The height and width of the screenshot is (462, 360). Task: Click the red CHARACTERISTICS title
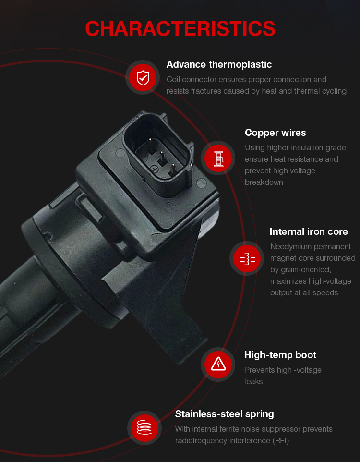tap(180, 29)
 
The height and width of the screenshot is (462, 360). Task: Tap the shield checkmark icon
tap(143, 78)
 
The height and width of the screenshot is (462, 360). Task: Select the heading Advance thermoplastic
tap(219, 64)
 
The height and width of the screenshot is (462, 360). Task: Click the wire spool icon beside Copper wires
tap(218, 158)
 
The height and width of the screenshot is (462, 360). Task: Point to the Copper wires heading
tap(275, 133)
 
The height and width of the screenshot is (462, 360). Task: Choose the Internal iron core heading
tap(309, 231)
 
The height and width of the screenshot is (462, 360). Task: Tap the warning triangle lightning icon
tap(218, 365)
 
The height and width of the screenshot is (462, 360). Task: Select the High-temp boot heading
tap(280, 355)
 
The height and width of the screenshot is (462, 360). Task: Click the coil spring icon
tap(144, 427)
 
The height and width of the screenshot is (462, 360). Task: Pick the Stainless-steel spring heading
tap(225, 414)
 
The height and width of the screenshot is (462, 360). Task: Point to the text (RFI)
tap(281, 441)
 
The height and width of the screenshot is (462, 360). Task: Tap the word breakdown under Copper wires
tap(264, 182)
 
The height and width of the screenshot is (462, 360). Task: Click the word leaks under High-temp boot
tap(253, 382)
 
